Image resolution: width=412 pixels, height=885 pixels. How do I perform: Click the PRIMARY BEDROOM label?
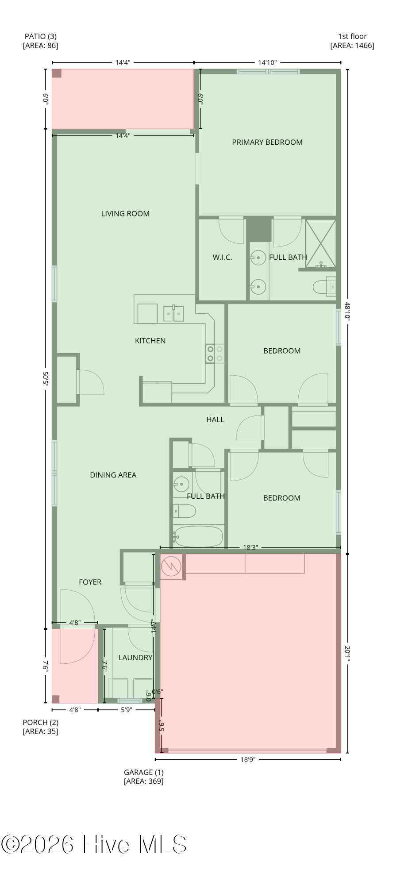(x=267, y=142)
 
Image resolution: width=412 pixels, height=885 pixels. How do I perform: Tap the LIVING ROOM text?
(x=125, y=214)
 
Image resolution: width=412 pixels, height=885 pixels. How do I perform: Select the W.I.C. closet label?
(x=222, y=257)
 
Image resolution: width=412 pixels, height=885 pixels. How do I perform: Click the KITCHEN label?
(x=150, y=341)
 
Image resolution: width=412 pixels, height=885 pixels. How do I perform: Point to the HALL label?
(x=215, y=419)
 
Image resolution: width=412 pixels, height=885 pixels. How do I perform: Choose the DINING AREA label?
(x=113, y=475)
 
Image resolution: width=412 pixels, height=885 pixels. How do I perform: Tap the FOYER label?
(x=90, y=582)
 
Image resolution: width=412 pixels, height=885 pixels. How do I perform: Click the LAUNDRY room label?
(x=135, y=658)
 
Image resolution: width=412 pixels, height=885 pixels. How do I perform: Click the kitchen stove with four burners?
(x=215, y=354)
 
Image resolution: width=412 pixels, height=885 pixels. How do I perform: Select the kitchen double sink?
(x=173, y=314)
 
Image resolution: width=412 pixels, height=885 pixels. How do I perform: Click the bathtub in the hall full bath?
(x=198, y=536)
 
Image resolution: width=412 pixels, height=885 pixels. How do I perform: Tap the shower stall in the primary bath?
(x=320, y=244)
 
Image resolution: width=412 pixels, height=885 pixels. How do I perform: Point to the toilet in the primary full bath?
(x=324, y=287)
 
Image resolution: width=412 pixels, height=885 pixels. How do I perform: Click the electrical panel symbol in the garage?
(x=171, y=566)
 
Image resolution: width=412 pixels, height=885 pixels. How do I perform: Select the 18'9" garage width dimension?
(x=248, y=759)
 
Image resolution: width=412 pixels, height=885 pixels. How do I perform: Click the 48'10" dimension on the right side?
(x=347, y=311)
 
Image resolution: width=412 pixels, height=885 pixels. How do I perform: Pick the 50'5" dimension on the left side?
(x=45, y=379)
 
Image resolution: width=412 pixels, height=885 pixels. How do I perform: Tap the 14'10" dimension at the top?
(x=267, y=62)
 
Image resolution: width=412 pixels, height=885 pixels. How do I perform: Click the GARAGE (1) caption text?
(x=143, y=772)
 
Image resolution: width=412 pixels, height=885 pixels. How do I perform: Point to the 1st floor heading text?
(x=352, y=36)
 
